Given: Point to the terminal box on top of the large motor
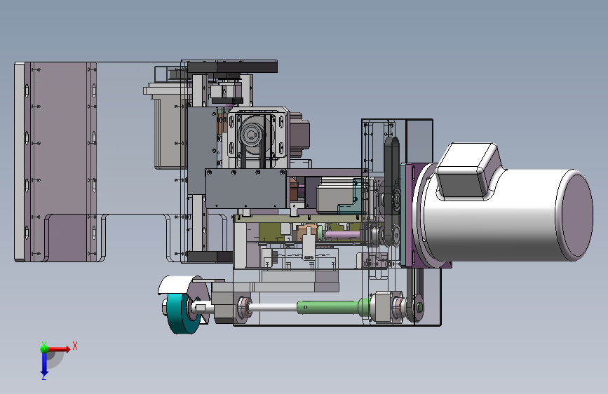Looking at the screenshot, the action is point(467,171).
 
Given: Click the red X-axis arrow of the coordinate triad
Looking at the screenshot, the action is point(59,349).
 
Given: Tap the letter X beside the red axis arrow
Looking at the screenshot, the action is point(75,346).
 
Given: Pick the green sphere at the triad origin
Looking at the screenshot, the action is point(44,349).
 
